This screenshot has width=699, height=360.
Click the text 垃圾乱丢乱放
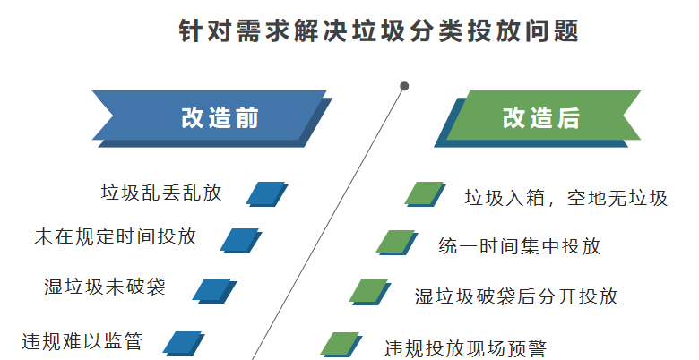coord(160,192)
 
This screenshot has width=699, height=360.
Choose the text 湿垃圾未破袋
coord(105,287)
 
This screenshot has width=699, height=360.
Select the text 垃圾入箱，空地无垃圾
coord(565,197)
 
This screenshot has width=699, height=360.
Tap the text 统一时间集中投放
coord(520,245)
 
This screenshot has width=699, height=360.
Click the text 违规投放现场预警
coord(465,347)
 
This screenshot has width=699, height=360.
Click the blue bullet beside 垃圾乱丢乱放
coord(266,193)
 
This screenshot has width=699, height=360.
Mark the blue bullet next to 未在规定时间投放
coord(240,240)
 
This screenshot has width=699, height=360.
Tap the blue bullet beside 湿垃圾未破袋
coord(213,289)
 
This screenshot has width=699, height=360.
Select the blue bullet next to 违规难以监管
coord(184,343)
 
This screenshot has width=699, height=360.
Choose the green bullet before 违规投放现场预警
coord(340,343)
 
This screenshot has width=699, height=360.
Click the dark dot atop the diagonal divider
coord(404,86)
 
